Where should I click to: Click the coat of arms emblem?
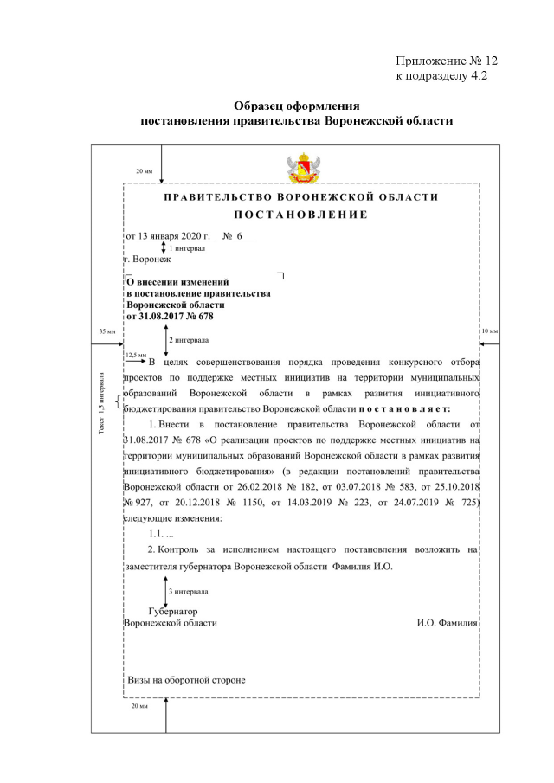point(301,167)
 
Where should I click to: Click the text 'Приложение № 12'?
point(447,61)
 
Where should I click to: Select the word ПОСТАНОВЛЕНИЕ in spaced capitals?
point(301,214)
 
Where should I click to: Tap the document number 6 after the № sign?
point(238,235)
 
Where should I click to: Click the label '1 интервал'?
point(186,247)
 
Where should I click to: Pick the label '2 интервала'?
point(188,340)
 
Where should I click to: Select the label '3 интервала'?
point(188,592)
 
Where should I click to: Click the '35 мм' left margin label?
point(106,331)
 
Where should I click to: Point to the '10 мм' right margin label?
point(489,331)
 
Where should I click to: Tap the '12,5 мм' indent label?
point(136,354)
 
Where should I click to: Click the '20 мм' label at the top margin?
point(144,171)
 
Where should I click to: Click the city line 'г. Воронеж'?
point(148,259)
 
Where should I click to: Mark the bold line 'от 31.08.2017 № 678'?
point(170,316)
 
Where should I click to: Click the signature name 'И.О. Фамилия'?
point(447,623)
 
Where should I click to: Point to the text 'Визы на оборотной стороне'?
point(187,680)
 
